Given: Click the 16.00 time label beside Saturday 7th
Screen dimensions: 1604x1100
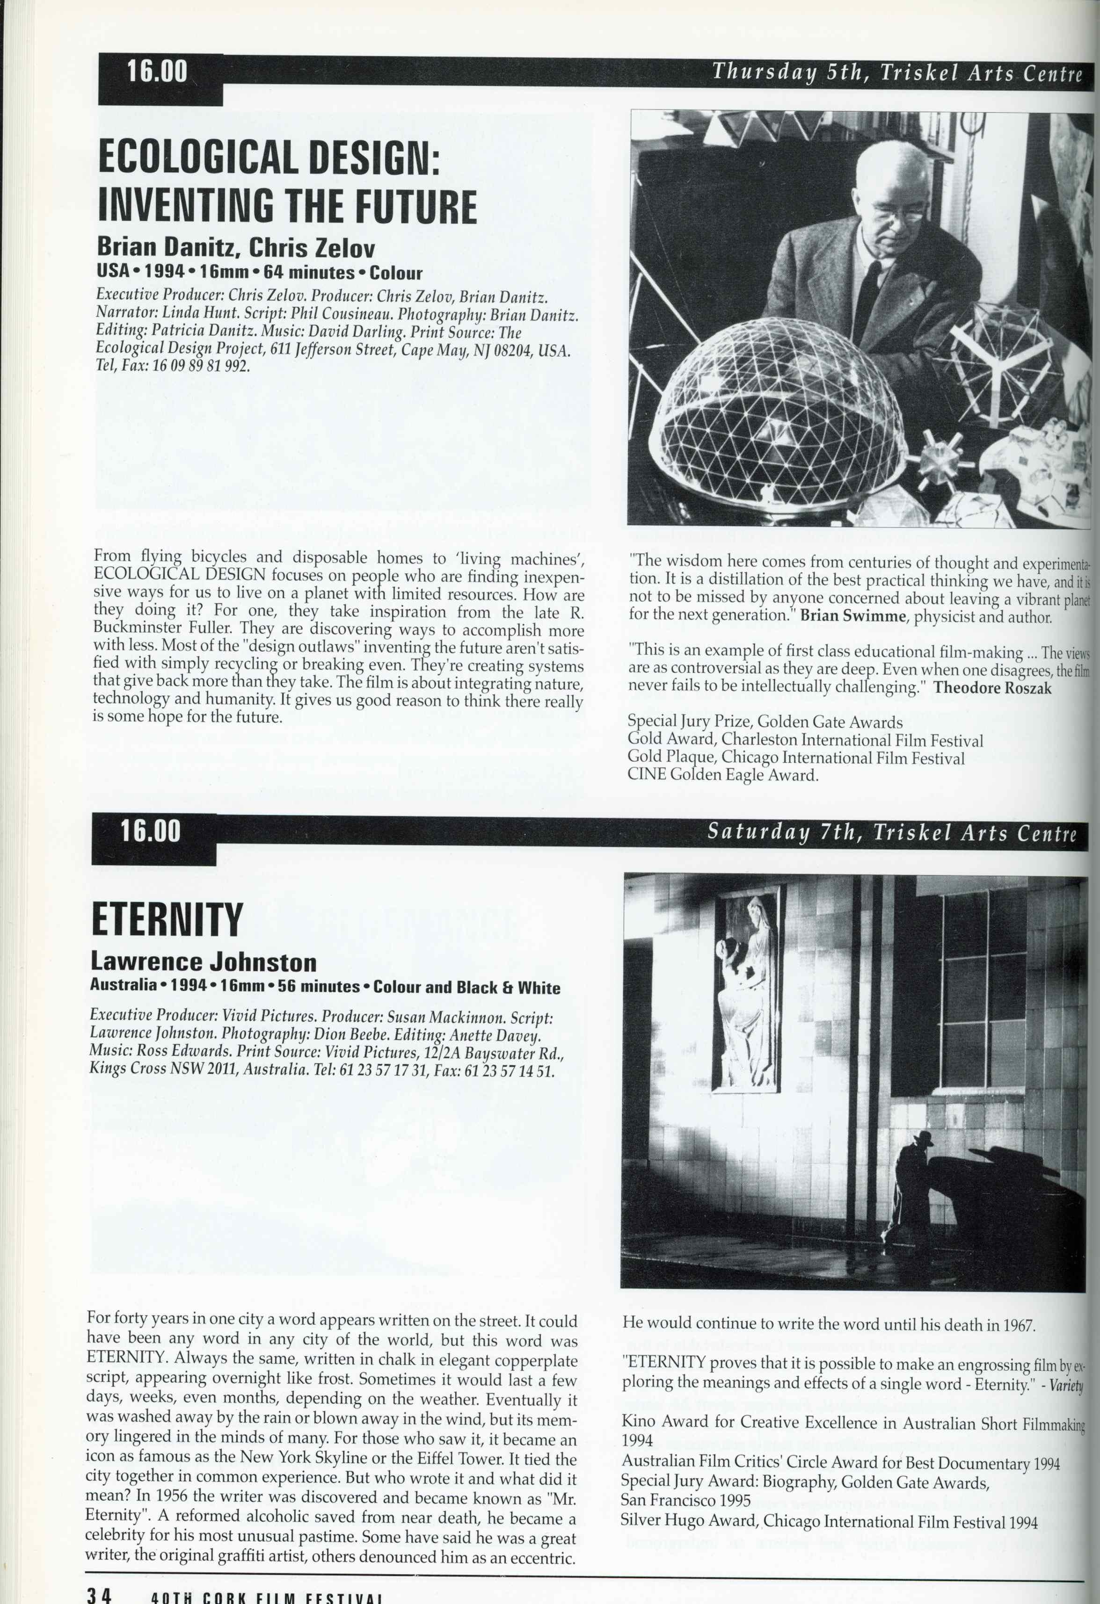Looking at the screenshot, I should [151, 831].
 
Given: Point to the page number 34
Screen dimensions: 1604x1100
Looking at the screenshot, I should [99, 1595].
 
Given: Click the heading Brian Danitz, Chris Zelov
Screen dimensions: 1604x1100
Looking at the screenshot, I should [236, 246].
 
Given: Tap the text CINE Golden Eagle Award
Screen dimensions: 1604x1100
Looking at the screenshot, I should [722, 774].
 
